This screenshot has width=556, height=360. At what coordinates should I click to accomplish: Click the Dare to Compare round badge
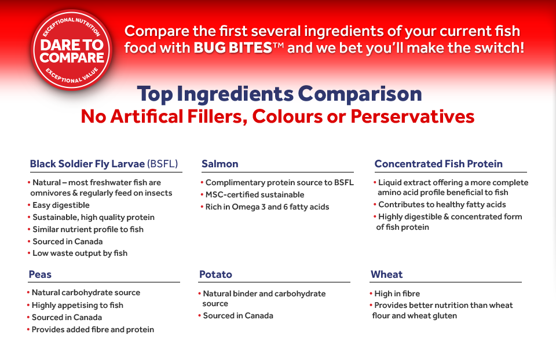point(72,51)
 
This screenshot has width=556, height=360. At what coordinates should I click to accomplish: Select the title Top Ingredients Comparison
point(279,94)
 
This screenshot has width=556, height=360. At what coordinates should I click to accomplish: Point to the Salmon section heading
point(220,164)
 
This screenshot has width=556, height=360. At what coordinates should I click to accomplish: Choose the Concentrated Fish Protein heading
point(438,164)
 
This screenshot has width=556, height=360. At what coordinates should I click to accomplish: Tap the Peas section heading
point(41,274)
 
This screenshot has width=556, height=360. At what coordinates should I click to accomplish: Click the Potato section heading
point(215,274)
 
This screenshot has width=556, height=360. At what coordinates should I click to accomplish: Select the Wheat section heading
point(387,274)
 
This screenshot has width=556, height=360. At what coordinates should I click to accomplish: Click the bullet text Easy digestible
point(61,205)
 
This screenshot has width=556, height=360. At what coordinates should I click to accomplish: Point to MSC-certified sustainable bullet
point(255,194)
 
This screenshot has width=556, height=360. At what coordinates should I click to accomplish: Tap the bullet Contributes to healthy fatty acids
point(442,204)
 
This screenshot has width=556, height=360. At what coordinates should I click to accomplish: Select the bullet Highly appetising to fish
point(77,305)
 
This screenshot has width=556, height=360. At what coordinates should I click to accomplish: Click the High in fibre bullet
point(397,293)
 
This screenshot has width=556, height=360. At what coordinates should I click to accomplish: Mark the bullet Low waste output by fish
point(80,253)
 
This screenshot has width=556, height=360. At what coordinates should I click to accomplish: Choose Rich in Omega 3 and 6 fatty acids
point(267,207)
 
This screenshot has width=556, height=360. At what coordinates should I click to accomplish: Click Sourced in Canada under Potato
point(238,315)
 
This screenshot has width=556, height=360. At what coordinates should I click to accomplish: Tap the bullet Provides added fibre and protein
point(93,329)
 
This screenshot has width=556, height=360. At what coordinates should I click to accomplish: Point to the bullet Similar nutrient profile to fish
point(88,229)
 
